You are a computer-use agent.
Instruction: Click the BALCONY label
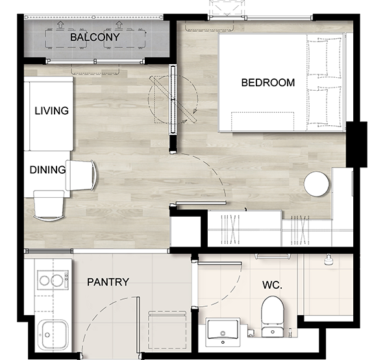(95, 37)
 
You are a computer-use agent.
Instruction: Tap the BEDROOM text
(268, 82)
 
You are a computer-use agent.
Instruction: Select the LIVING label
(51, 111)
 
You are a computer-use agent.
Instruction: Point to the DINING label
(47, 170)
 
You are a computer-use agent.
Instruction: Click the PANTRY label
(108, 282)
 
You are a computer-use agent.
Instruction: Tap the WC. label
(272, 285)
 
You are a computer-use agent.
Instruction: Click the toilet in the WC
(273, 317)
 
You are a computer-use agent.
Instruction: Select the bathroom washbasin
(223, 332)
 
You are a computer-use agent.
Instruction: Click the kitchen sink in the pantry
(53, 335)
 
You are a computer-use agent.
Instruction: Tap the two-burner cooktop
(53, 280)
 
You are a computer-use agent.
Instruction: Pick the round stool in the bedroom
(316, 184)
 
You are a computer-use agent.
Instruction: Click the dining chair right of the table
(81, 175)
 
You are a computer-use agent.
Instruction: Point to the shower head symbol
(329, 259)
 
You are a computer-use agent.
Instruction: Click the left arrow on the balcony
(60, 24)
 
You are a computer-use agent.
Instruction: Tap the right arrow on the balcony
(119, 24)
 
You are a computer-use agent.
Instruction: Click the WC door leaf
(219, 263)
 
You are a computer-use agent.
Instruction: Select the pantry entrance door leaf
(138, 325)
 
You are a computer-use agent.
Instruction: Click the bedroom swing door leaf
(201, 203)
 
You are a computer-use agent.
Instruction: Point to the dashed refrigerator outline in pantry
(168, 330)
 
